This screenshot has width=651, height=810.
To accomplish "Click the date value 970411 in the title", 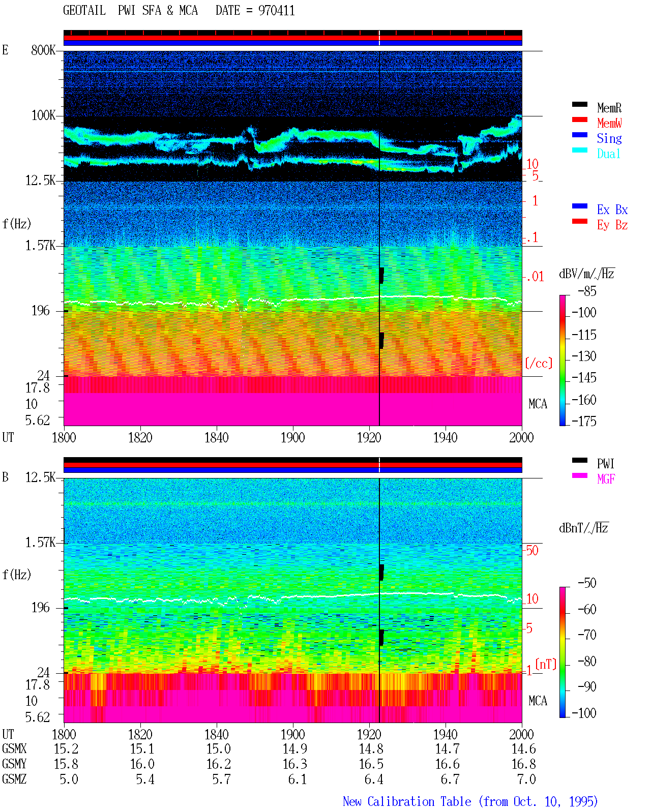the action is (x=276, y=11).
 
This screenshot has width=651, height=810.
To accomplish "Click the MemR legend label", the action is (x=609, y=108).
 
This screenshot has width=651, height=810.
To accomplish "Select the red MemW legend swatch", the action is (x=579, y=119).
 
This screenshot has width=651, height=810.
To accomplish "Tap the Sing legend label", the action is (x=609, y=138).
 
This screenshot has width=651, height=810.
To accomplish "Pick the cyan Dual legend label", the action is (x=608, y=154).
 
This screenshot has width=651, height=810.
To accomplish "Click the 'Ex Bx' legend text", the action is (x=612, y=209).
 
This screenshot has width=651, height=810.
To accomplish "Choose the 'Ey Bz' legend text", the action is (x=612, y=225).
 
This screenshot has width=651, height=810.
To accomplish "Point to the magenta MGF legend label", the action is (x=606, y=479).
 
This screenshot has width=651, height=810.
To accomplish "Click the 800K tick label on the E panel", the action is (x=43, y=50).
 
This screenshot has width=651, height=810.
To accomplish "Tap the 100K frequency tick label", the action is (x=43, y=115).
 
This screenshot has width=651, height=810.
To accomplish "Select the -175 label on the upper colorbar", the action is (x=584, y=421).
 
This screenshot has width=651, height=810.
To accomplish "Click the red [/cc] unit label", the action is (x=539, y=363).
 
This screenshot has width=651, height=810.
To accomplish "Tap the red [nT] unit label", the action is (x=546, y=664).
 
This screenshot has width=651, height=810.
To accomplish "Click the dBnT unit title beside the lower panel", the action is (x=583, y=528).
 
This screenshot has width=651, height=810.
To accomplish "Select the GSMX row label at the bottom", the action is (x=14, y=749).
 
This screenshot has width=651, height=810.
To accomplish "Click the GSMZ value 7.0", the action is (x=526, y=779).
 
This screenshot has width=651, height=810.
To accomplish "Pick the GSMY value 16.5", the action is (x=371, y=764).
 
